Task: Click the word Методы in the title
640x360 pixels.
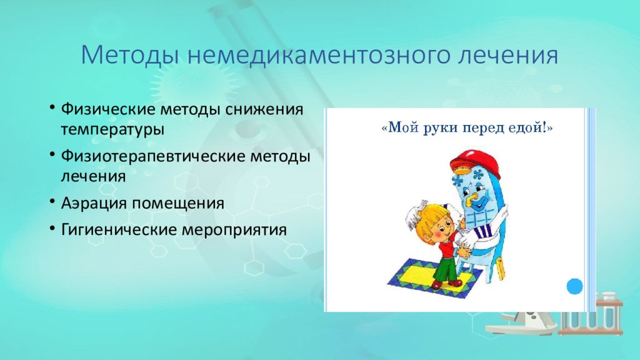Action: (130, 55)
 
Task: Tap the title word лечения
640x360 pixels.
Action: (507, 55)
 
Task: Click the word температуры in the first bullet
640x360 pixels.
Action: (112, 129)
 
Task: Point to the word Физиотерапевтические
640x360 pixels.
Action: (152, 156)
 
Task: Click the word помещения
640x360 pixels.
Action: (177, 203)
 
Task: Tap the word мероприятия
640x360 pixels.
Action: (234, 230)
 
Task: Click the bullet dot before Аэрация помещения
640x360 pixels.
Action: (52, 202)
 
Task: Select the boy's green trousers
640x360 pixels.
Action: (446, 267)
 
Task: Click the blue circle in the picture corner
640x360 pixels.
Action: (575, 286)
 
